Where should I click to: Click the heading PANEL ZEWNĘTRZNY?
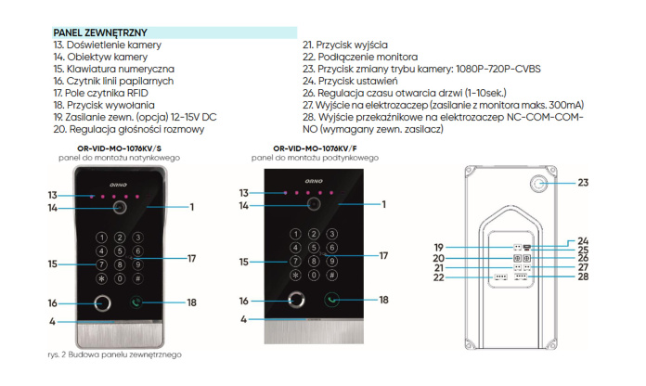(100, 32)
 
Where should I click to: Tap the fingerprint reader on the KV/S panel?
(103, 302)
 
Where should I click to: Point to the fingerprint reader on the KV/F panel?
(297, 301)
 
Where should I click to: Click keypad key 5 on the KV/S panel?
(120, 250)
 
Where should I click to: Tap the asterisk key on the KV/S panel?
(102, 277)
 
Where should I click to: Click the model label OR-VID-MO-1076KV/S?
(120, 148)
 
